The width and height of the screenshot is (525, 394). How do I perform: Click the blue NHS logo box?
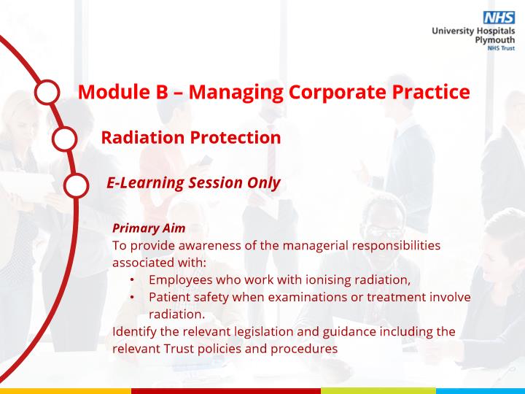pyautogui.click(x=499, y=18)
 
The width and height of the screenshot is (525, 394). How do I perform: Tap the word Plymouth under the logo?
pyautogui.click(x=495, y=40)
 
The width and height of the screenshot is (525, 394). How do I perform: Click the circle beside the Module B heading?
pyautogui.click(x=47, y=92)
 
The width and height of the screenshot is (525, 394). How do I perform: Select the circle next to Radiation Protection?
pyautogui.click(x=65, y=139)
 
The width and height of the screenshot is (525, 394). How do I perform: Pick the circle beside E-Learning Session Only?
pyautogui.click(x=77, y=185)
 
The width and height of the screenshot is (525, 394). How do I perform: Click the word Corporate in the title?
pyautogui.click(x=337, y=92)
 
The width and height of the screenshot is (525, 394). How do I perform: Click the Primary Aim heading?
pyautogui.click(x=149, y=228)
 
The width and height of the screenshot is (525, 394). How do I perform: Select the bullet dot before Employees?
pyautogui.click(x=132, y=279)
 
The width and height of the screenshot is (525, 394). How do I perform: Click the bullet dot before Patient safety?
pyautogui.click(x=132, y=297)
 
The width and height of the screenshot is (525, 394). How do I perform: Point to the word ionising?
pyautogui.click(x=328, y=279)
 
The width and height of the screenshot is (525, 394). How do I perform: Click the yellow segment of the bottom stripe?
pyautogui.click(x=66, y=391)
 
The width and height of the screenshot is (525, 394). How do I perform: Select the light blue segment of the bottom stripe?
pyautogui.click(x=481, y=391)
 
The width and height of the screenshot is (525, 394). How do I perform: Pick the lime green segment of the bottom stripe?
pyautogui.click(x=378, y=391)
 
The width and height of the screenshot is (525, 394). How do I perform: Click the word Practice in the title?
pyautogui.click(x=431, y=91)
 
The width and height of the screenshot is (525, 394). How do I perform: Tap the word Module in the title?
pyautogui.click(x=114, y=91)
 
